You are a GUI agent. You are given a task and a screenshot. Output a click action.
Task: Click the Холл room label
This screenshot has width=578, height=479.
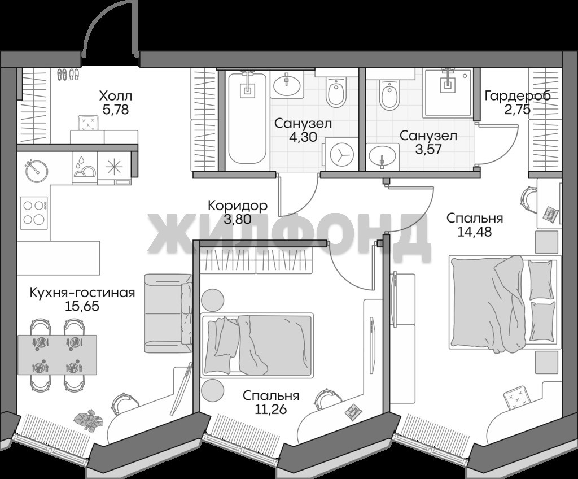[115, 97]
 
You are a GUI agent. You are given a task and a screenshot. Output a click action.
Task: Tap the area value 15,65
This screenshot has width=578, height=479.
[82, 306]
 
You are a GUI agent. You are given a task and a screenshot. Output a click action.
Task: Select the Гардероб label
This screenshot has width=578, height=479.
[518, 96]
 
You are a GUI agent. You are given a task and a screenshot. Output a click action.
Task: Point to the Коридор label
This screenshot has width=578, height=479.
[238, 206]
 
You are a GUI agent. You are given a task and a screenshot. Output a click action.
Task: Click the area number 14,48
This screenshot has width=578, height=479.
[475, 232]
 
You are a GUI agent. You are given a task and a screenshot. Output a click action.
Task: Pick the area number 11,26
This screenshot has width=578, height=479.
[271, 409]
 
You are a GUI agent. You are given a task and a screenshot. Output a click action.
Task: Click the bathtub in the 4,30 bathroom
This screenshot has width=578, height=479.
[247, 118]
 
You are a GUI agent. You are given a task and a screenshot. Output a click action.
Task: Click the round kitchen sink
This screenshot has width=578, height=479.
[37, 171]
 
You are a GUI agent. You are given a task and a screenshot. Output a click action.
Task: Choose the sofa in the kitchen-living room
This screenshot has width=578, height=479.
[168, 313]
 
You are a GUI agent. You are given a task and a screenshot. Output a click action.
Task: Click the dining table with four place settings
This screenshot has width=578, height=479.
[57, 354]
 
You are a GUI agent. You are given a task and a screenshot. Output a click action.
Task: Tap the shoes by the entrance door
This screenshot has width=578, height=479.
[68, 75]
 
